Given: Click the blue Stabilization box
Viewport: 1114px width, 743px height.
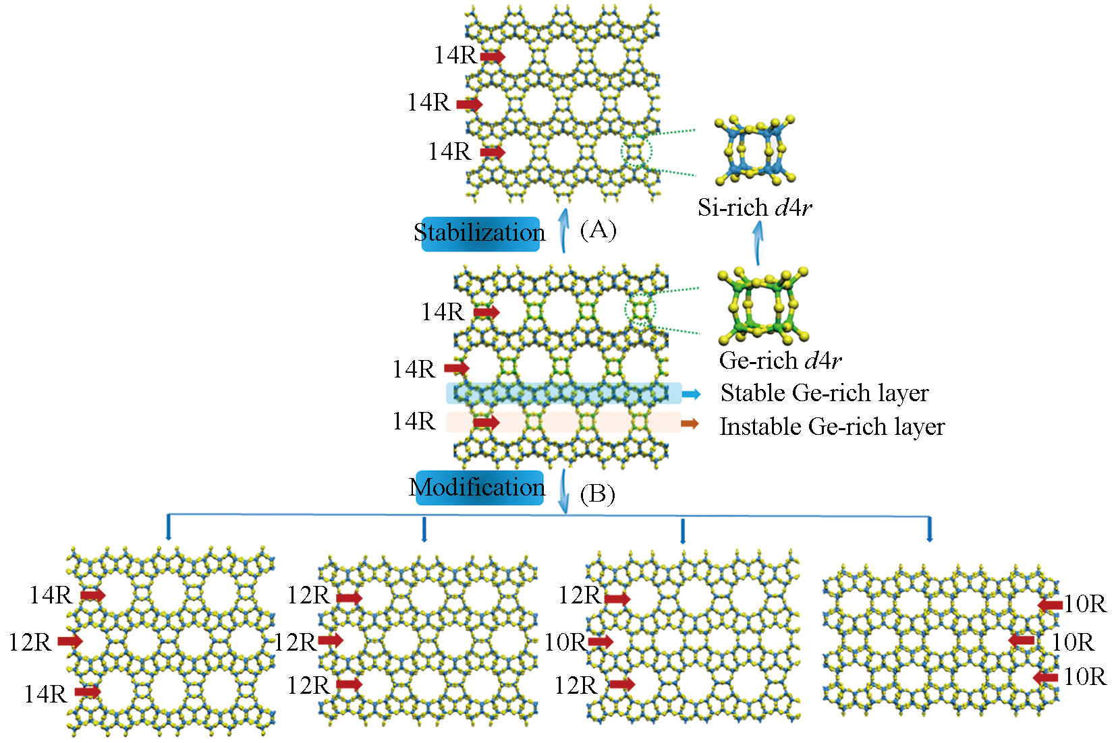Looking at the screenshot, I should (x=480, y=233).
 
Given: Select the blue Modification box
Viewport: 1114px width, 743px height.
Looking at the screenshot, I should (x=478, y=487).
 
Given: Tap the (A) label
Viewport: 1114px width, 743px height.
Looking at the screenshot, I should (x=598, y=230).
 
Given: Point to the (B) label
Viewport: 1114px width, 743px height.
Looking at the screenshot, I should (x=598, y=494).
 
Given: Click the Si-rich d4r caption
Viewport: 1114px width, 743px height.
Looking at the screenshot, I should (x=754, y=207).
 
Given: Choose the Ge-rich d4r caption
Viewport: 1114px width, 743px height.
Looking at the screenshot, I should (x=780, y=361).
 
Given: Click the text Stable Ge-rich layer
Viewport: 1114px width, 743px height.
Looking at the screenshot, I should (x=825, y=393).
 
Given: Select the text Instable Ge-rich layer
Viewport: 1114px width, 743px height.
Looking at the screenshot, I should (x=832, y=427).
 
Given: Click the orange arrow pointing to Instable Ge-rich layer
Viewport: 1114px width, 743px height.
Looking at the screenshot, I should (x=690, y=423).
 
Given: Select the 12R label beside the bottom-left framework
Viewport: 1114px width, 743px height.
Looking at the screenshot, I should (x=30, y=643).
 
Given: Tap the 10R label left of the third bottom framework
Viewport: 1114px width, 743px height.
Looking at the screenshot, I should (x=565, y=643).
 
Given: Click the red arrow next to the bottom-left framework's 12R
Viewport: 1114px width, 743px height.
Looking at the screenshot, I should (x=70, y=641).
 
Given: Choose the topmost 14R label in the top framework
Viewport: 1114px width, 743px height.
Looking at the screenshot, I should (x=455, y=55).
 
